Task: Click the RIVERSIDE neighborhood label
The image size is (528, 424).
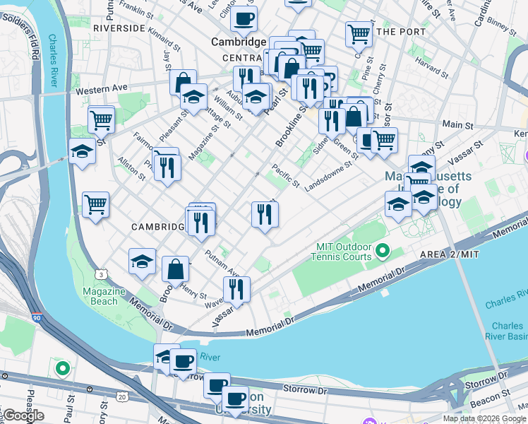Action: coord(119,28)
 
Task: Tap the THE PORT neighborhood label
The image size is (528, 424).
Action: coord(401,32)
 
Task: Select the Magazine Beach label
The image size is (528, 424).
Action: coord(100,297)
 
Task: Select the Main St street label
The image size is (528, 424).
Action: coord(458,125)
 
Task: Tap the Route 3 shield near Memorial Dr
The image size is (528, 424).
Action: coord(102,273)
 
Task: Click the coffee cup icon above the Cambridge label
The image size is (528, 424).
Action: coord(244,19)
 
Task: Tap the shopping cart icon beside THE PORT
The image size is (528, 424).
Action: coord(359,33)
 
